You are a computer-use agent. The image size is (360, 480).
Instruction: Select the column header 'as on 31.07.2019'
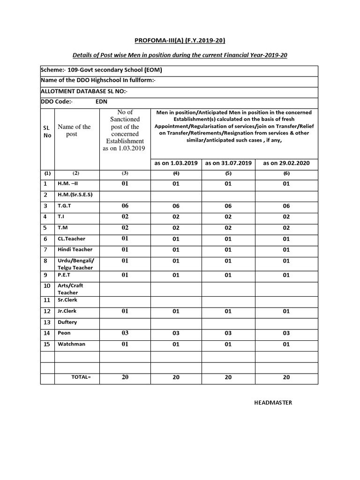[228, 163]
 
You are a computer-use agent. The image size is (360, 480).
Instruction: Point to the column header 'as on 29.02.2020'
[286, 163]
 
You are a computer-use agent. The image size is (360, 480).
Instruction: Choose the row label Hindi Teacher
[75, 249]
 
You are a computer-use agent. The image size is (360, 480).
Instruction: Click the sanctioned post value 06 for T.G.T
[125, 206]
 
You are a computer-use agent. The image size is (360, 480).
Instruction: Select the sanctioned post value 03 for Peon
[125, 333]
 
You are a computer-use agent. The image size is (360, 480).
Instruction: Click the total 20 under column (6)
[286, 377]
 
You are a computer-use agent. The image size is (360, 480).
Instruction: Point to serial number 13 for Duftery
[47, 322]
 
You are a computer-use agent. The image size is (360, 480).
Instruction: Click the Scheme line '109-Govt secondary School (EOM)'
[102, 70]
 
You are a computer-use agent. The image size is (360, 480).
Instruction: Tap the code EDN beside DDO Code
[101, 102]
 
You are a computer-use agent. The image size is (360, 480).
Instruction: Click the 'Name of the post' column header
[74, 130]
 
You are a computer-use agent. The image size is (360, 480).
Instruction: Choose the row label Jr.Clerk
[67, 311]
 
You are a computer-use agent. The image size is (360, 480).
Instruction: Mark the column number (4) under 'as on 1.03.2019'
[176, 173]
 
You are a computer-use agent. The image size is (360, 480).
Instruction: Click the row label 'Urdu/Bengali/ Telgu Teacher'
[75, 264]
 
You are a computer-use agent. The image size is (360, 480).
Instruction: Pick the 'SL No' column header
[47, 132]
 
